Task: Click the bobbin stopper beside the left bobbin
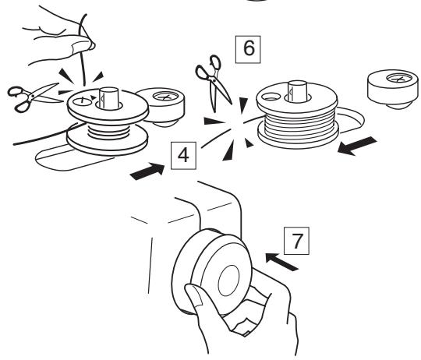[165, 105]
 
